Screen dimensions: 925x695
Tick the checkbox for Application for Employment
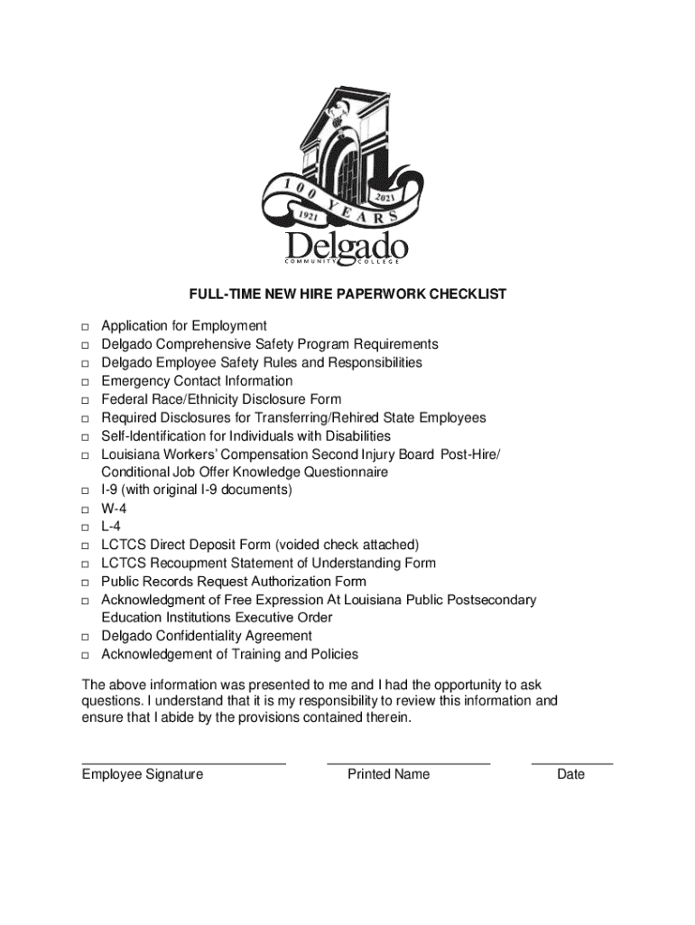coord(83,327)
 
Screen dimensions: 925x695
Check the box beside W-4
coord(83,509)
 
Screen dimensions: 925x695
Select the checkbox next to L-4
coord(83,528)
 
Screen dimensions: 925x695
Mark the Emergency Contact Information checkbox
coord(83,382)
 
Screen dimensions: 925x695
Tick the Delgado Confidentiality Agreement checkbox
coord(83,637)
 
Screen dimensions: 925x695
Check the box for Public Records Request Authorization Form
coord(83,583)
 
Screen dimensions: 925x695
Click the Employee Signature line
coord(183,763)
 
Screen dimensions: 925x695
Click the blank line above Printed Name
coord(408,763)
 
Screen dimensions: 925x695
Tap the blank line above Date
coord(571,763)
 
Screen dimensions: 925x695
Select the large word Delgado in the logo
coord(347,245)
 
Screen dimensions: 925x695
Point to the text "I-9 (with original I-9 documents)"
coord(197,491)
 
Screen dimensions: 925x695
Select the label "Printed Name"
coord(388,774)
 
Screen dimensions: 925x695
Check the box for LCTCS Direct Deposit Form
coord(83,546)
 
